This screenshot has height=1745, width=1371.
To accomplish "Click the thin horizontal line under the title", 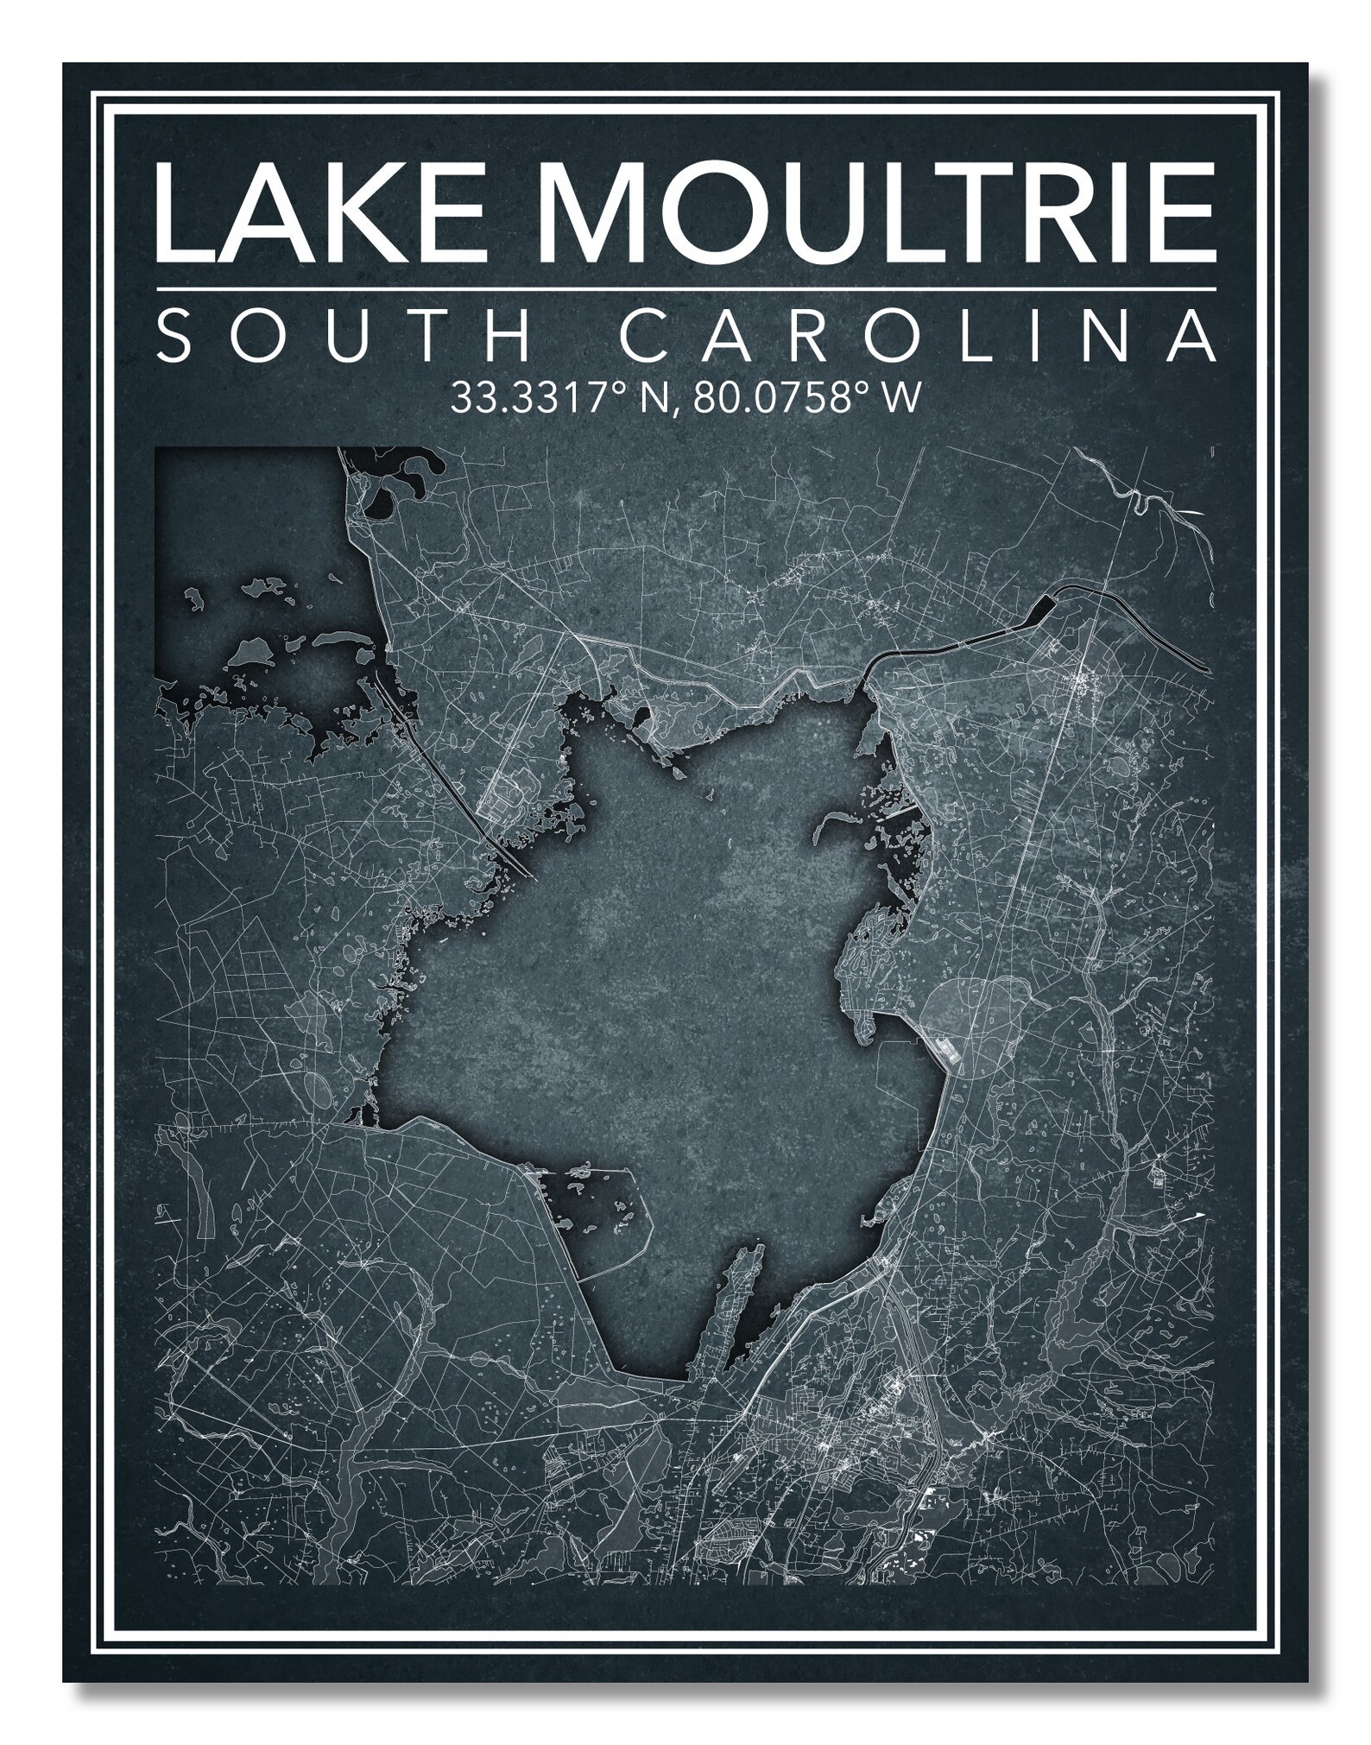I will coord(685,288).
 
